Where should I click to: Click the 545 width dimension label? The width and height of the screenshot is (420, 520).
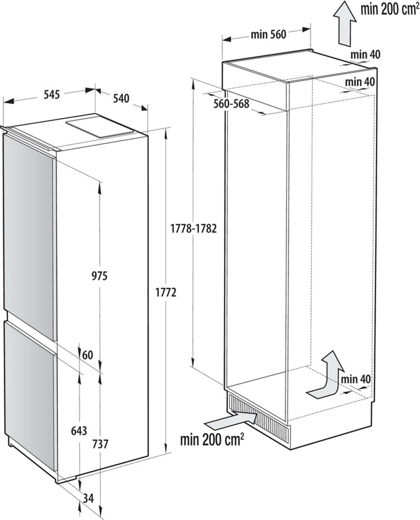tap(52, 94)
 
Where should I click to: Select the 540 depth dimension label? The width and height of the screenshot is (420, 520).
tap(120, 98)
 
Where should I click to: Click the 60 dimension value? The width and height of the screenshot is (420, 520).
tap(87, 355)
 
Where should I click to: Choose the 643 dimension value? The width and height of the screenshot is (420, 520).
tap(79, 430)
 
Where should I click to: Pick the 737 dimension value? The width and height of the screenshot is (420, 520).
tap(100, 444)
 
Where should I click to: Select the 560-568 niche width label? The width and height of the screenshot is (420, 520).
tap(231, 103)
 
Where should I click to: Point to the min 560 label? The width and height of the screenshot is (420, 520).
tap(268, 34)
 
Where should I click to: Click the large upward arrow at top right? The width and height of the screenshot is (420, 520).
tap(345, 23)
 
